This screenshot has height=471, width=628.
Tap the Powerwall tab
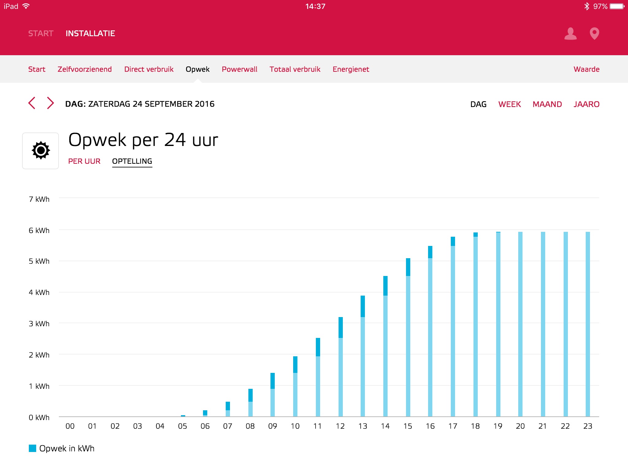tap(239, 69)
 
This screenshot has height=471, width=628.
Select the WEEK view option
tap(509, 104)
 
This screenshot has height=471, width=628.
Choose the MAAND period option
tap(547, 104)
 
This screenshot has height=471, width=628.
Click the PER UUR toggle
tap(84, 161)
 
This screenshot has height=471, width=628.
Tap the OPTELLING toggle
tap(132, 161)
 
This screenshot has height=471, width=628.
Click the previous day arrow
tap(32, 103)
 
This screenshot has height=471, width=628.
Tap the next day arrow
tap(50, 103)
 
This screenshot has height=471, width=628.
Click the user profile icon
tap(570, 33)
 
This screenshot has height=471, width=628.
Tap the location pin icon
tap(594, 33)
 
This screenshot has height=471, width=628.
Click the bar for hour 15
tap(408, 337)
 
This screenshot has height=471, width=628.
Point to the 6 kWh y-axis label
tap(39, 231)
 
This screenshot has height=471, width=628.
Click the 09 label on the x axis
tap(273, 426)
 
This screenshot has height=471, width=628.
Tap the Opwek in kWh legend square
tap(33, 448)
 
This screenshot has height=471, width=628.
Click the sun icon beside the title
tap(40, 151)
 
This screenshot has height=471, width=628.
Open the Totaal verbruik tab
tap(295, 69)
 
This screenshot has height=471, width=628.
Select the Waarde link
tap(586, 69)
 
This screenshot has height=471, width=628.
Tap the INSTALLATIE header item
tap(90, 33)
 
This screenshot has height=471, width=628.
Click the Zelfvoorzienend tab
tap(85, 69)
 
